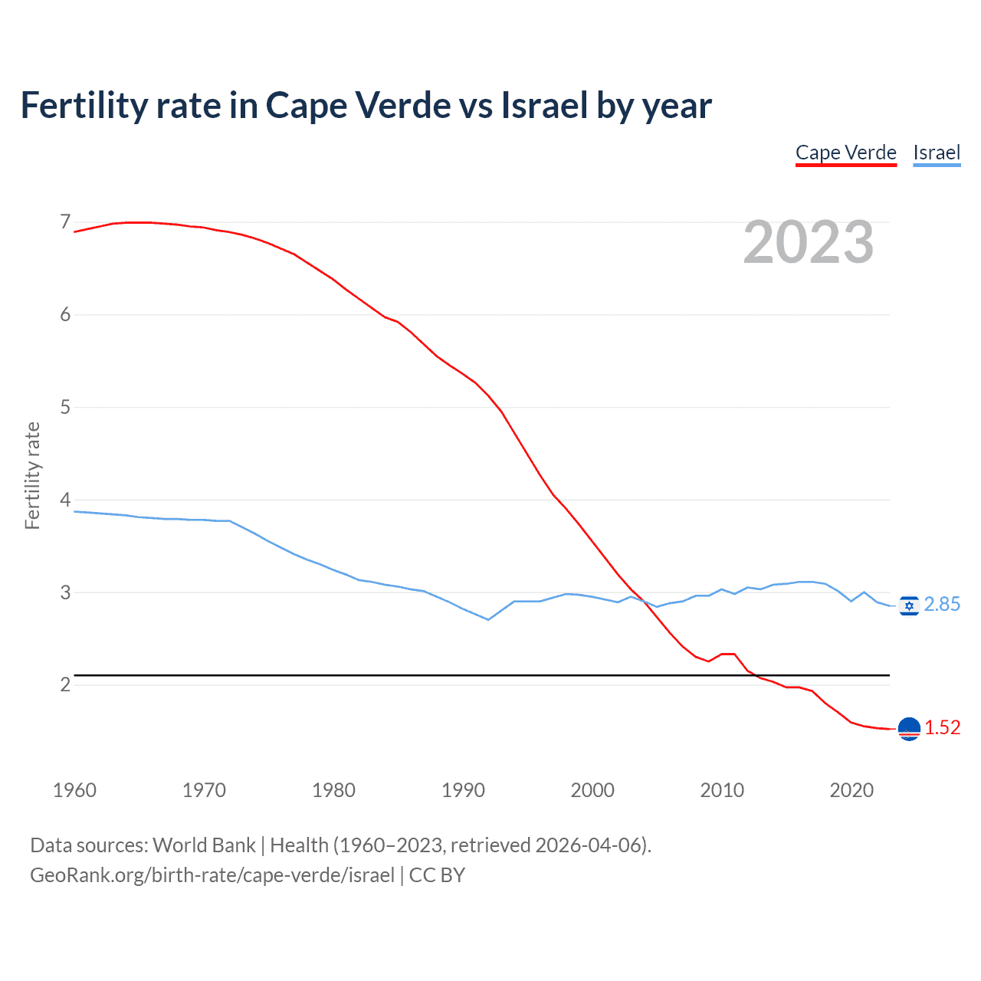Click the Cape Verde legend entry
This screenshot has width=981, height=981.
tap(845, 153)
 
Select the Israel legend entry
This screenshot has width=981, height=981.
tap(937, 153)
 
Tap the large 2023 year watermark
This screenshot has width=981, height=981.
tap(809, 242)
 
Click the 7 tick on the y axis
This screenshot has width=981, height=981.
tap(65, 222)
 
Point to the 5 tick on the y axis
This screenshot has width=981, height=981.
tap(65, 407)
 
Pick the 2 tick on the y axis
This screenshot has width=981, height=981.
tap(65, 684)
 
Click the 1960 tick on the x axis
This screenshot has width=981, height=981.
tap(74, 790)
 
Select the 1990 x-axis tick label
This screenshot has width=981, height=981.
tap(463, 790)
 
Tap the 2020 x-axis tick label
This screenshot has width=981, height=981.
tap(851, 790)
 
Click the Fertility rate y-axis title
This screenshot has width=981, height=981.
tap(32, 475)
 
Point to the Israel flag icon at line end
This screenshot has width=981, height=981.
tap(909, 605)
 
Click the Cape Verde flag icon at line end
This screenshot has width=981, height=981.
tap(909, 729)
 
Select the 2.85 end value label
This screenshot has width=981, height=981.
tap(942, 605)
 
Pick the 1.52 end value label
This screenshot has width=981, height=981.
tap(942, 728)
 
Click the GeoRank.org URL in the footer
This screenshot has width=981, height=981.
tap(212, 875)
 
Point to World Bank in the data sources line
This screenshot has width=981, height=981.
tap(204, 845)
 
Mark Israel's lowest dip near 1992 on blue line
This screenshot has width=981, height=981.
tap(488, 619)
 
